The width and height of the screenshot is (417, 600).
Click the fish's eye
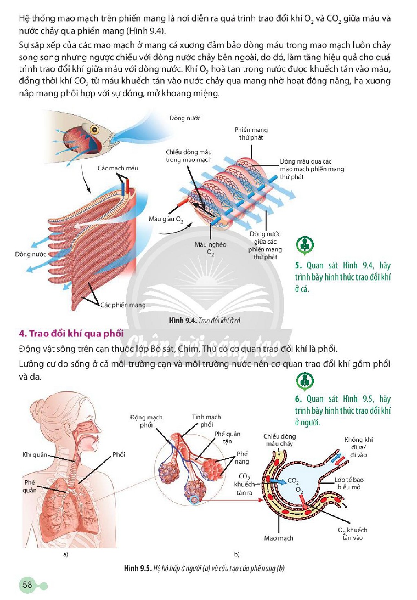[94, 130]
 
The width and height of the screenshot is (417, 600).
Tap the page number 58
[27, 584]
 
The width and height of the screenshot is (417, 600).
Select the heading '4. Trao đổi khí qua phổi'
[71, 333]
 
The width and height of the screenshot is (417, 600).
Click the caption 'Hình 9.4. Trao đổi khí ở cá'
[204, 321]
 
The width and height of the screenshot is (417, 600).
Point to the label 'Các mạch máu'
[118, 168]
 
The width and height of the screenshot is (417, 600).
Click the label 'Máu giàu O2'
[166, 219]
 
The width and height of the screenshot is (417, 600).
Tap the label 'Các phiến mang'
[123, 305]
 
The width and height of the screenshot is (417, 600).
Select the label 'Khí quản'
[35, 454]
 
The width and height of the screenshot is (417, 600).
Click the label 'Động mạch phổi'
[146, 421]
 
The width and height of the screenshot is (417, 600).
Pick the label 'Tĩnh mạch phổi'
[206, 421]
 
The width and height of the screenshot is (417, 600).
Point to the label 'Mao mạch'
[279, 538]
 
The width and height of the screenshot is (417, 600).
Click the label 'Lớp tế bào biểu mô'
[349, 483]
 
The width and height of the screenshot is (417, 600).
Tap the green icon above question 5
[305, 245]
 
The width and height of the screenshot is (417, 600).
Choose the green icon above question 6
[305, 381]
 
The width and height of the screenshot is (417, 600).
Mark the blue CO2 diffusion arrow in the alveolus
[278, 481]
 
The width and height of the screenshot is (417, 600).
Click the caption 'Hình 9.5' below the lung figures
[204, 568]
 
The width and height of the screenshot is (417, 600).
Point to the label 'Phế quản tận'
[227, 437]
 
